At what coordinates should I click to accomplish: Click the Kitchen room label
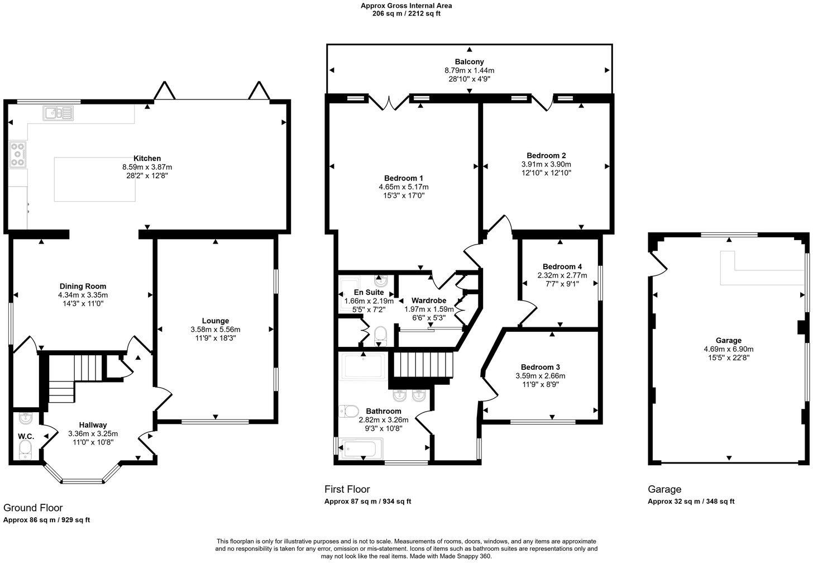(x=147, y=159)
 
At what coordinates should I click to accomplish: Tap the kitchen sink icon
(x=58, y=113)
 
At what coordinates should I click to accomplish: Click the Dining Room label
(x=83, y=287)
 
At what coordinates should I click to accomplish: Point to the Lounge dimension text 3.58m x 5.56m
(x=215, y=330)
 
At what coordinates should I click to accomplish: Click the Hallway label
(x=93, y=425)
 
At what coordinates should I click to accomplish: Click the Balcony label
(x=469, y=62)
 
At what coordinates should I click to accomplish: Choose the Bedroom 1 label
(x=403, y=178)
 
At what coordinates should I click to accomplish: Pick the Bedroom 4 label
(x=562, y=267)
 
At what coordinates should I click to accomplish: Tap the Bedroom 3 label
(x=540, y=367)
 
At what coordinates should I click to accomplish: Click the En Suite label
(x=369, y=292)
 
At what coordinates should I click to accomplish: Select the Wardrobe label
(x=428, y=300)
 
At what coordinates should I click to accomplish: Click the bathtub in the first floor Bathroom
(x=363, y=448)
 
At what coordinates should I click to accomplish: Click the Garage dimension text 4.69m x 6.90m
(x=728, y=349)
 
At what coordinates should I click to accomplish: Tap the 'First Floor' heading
(x=347, y=489)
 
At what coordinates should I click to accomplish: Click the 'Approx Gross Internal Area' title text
(x=406, y=6)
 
